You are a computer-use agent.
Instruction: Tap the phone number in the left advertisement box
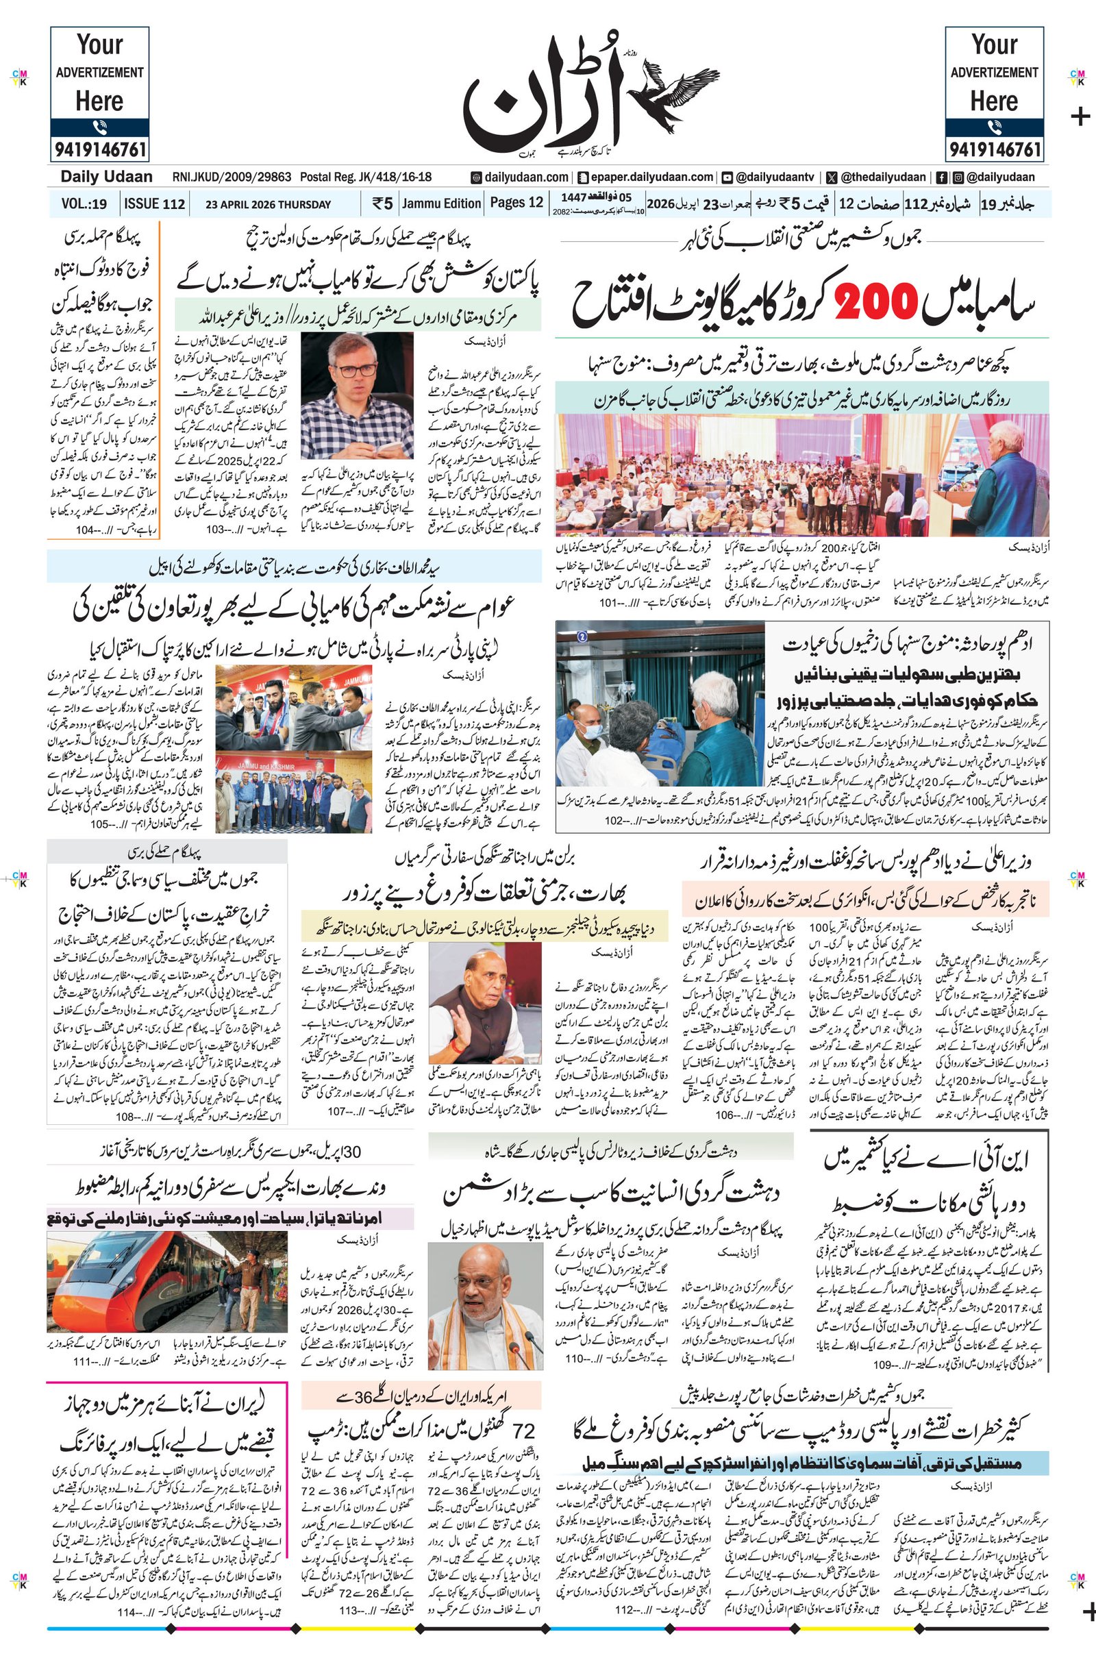(99, 149)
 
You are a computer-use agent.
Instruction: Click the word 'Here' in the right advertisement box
(994, 101)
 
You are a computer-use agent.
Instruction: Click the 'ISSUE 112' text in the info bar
(155, 204)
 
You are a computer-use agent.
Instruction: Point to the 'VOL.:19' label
(84, 204)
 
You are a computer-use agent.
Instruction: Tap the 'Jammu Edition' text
(441, 203)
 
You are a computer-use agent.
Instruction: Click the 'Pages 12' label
(516, 203)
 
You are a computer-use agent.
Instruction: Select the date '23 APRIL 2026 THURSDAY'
(268, 205)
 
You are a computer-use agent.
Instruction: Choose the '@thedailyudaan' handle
(883, 177)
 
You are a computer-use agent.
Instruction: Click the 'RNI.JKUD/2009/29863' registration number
(232, 177)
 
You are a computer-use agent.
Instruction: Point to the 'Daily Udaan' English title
(106, 177)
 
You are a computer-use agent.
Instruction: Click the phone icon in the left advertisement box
(99, 127)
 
